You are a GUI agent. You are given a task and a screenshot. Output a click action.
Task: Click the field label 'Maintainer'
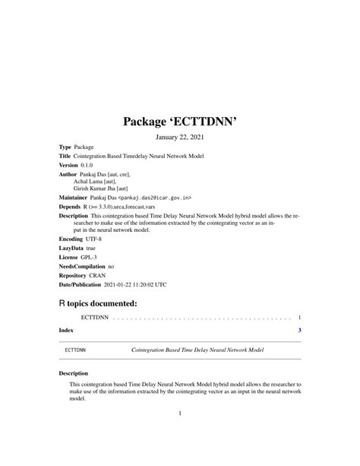click(78, 197)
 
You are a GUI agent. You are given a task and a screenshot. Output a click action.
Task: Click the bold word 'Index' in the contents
click(68, 330)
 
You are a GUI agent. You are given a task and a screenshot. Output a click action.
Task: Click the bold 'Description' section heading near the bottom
click(75, 374)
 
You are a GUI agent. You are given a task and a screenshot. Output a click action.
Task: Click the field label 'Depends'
click(71, 206)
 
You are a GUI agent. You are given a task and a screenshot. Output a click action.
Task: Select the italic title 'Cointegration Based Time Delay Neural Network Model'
click(197, 352)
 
